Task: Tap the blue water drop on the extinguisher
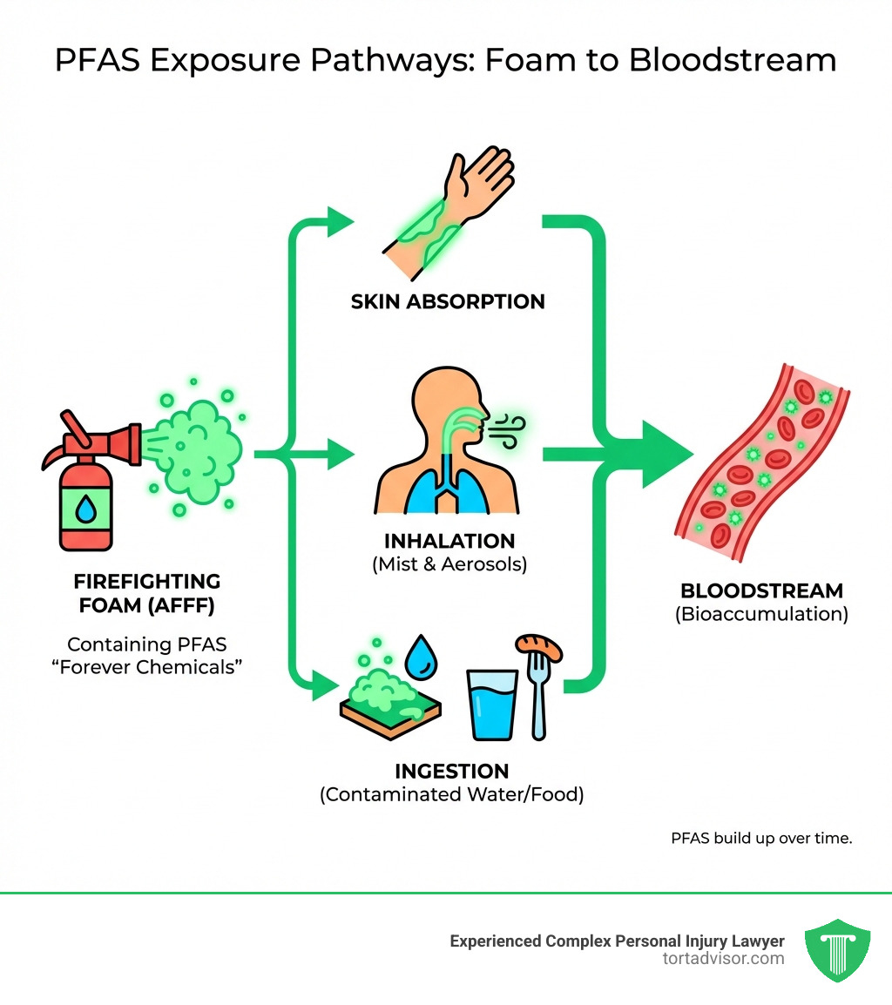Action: [86, 510]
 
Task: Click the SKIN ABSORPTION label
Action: [448, 302]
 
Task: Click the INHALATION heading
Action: [449, 541]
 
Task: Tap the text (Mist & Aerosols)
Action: [449, 563]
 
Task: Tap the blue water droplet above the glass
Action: [425, 658]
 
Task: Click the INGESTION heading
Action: [451, 771]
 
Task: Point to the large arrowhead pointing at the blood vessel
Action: [666, 454]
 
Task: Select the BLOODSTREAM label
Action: [761, 591]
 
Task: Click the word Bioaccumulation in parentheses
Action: [761, 614]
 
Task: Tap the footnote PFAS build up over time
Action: [760, 839]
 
